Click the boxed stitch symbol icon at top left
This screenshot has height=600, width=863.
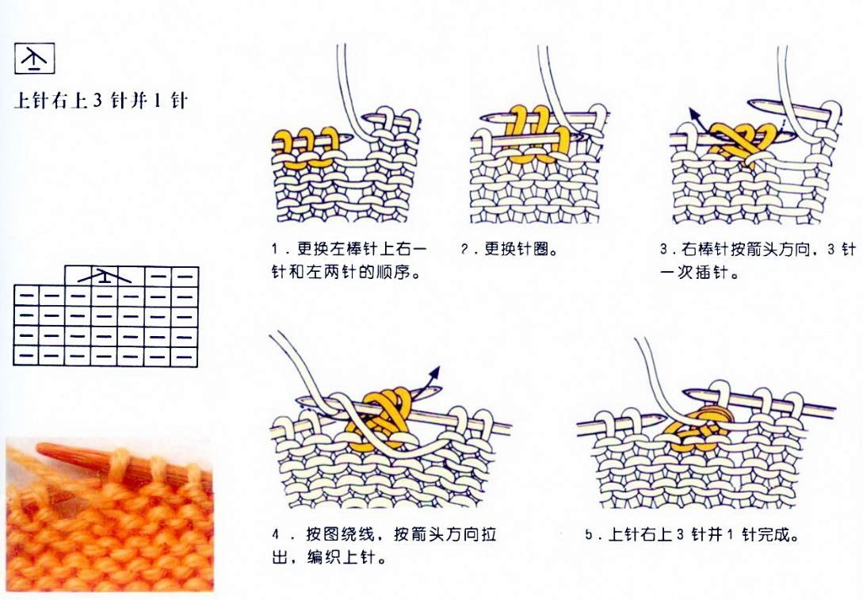(35, 59)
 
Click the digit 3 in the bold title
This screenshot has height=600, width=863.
(98, 101)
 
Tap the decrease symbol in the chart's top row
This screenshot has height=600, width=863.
(105, 276)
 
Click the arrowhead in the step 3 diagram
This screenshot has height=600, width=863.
(694, 114)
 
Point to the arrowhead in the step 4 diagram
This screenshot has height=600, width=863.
(435, 372)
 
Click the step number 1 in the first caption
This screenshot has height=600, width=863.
(274, 249)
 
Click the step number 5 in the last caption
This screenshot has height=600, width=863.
(589, 534)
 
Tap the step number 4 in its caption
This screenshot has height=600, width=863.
(275, 534)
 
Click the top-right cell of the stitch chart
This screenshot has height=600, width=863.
(185, 276)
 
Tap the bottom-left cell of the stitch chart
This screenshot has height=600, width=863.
(26, 356)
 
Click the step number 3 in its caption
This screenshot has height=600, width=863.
(664, 250)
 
